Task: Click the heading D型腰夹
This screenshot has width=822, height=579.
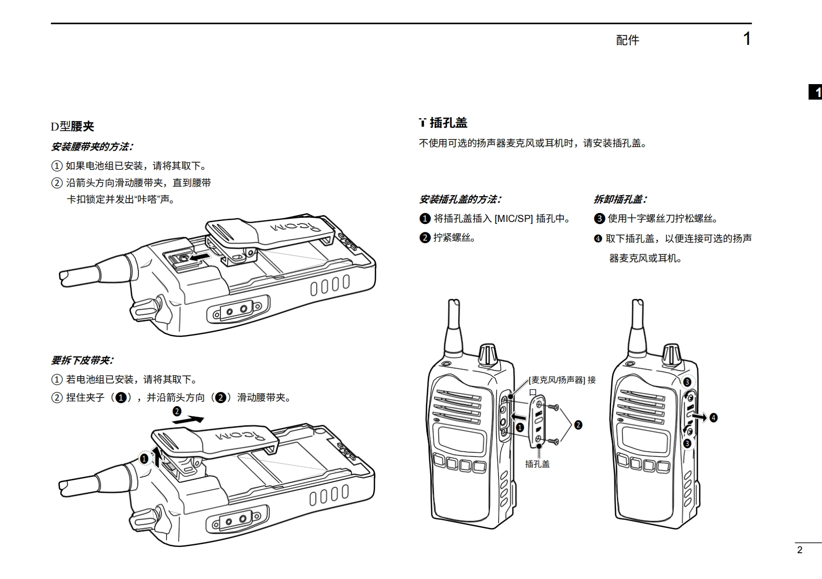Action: click(72, 126)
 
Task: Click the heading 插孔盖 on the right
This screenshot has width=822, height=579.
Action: click(448, 123)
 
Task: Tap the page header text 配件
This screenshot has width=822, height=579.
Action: click(627, 40)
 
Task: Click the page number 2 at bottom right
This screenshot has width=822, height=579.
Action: click(800, 550)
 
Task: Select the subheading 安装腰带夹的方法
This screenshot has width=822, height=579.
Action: click(92, 147)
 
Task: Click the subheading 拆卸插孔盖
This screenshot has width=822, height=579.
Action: click(620, 199)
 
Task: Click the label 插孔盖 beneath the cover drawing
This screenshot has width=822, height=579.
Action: click(537, 464)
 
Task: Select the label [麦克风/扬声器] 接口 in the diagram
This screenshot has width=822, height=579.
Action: click(562, 380)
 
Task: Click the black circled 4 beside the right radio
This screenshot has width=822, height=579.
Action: click(714, 417)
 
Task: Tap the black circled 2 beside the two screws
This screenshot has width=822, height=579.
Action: click(578, 425)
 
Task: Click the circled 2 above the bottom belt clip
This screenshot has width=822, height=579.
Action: click(177, 411)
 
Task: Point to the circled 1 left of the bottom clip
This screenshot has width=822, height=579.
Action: click(145, 458)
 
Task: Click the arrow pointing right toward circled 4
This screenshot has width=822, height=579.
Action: click(699, 417)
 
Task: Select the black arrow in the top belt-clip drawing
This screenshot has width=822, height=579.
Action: click(201, 256)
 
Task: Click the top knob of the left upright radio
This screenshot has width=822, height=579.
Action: click(488, 353)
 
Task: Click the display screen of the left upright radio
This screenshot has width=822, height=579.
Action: click(462, 440)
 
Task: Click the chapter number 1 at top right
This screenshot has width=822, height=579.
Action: click(747, 39)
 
